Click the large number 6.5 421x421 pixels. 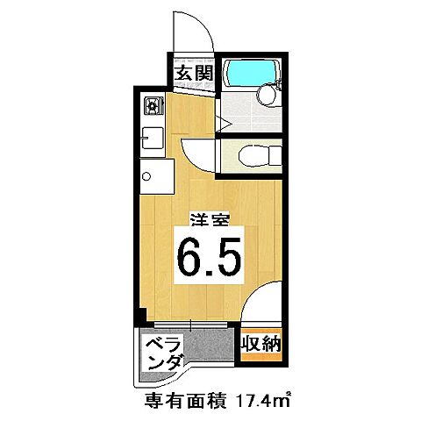[x=210, y=257]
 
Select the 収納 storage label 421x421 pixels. [x=260, y=344]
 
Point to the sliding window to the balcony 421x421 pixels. [x=189, y=326]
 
